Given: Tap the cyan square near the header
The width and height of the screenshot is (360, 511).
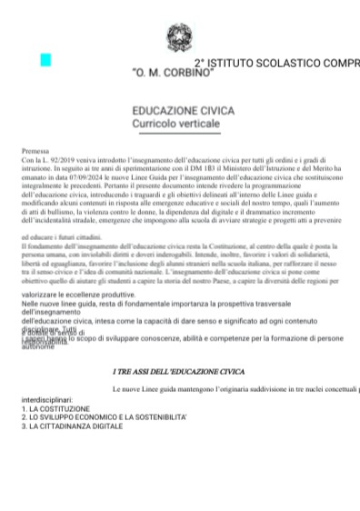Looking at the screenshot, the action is click(x=45, y=60).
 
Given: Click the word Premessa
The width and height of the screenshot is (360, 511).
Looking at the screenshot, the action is click(x=37, y=148).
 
